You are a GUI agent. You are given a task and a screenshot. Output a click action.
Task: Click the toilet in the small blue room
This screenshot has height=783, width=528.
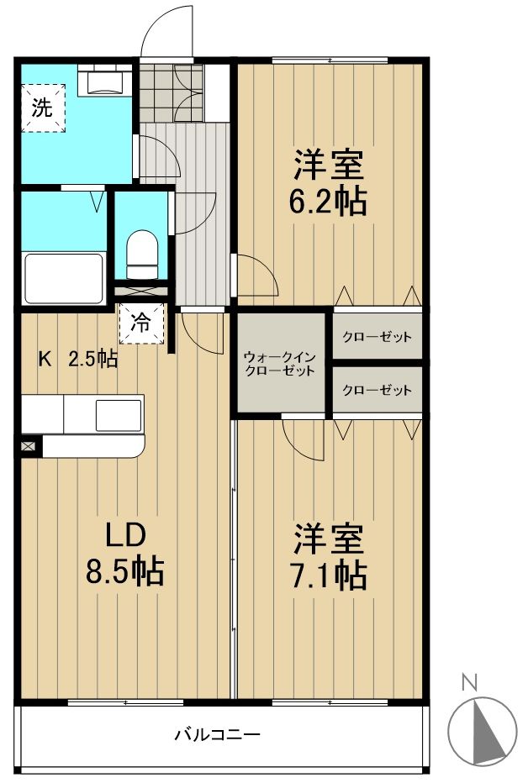point(142,255)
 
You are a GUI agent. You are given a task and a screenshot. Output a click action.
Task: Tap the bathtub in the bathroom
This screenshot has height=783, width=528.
point(64,279)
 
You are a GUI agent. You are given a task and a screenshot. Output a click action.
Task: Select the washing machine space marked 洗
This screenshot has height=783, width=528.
point(44,108)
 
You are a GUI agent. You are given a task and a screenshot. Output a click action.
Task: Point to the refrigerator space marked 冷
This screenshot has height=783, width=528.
point(142,323)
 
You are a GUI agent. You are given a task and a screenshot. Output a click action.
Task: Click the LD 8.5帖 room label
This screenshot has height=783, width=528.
point(125,554)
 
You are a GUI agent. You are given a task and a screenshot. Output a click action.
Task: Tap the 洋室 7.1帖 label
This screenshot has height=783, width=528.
point(329,556)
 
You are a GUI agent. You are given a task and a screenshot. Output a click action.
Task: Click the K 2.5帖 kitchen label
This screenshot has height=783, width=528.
point(78,359)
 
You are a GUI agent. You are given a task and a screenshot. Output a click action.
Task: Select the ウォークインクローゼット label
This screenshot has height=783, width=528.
point(280,364)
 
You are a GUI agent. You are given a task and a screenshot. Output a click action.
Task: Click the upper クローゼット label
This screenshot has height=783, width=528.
point(378,337)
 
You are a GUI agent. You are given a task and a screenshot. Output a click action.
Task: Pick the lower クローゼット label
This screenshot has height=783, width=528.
point(378,390)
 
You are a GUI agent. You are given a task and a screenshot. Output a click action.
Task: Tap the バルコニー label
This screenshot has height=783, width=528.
point(217,734)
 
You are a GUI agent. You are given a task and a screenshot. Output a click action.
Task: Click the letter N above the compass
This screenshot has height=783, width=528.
point(468,682)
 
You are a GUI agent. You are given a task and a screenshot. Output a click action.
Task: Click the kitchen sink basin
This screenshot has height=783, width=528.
point(119,414)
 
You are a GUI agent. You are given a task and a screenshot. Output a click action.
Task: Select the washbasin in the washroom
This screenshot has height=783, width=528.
point(104,81)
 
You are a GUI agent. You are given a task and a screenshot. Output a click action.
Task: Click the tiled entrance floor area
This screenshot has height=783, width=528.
point(171,93)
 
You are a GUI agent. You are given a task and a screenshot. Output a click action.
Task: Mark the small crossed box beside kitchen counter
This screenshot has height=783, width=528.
point(29,445)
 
